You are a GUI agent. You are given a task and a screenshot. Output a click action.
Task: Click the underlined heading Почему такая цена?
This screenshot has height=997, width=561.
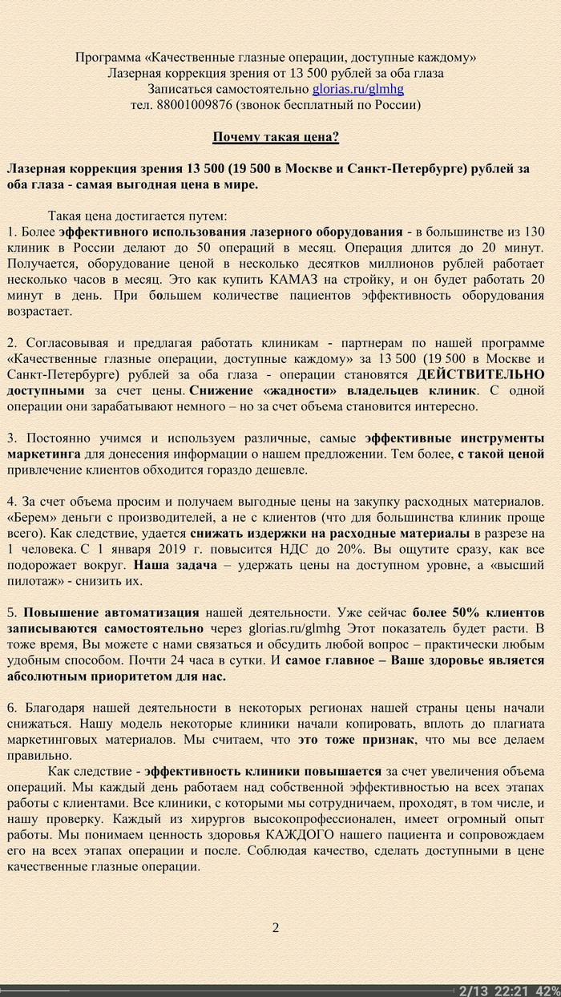point(276,137)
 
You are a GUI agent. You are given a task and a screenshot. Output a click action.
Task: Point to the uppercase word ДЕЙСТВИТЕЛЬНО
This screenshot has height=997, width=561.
point(481,374)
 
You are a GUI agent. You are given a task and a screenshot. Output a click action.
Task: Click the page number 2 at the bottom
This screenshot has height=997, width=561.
point(276,928)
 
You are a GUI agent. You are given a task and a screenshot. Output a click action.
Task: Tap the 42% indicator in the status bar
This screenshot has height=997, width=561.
point(547,990)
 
